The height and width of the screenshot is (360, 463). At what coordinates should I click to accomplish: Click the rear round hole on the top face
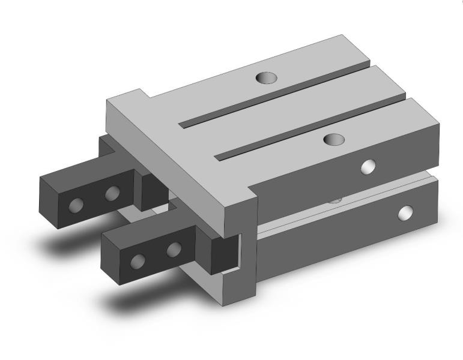coord(264,77)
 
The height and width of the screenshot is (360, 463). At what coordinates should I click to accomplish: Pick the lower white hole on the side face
coord(407,212)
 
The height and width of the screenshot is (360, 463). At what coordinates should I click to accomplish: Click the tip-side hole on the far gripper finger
coord(76,205)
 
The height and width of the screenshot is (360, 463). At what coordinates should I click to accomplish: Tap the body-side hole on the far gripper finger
coord(112,193)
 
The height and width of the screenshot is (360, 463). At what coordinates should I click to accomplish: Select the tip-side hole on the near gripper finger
coord(138,261)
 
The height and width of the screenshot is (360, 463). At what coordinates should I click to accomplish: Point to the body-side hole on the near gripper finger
coord(174,249)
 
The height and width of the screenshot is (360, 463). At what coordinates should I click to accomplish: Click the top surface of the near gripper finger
coord(150,228)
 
